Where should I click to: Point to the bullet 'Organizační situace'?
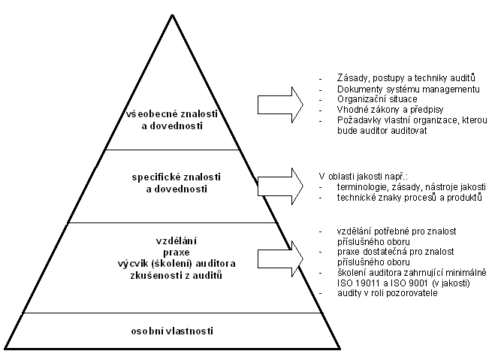point(367,99)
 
